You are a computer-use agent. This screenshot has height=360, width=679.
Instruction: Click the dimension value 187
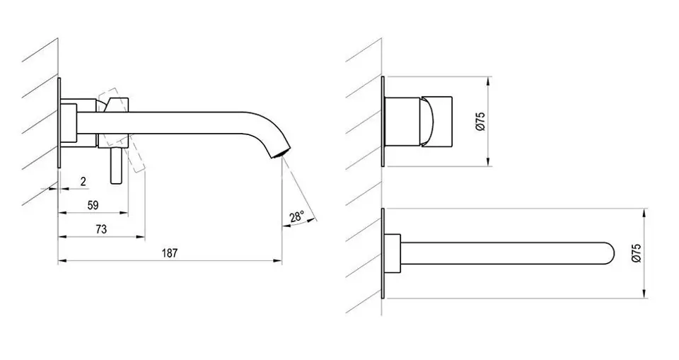170,253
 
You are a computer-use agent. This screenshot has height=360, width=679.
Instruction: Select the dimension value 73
101,229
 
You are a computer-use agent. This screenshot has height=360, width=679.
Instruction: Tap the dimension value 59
93,205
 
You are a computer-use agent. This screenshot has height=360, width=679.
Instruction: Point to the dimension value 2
83,182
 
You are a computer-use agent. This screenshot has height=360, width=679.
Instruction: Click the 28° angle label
297,216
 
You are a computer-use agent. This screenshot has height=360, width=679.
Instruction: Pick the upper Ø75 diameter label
480,122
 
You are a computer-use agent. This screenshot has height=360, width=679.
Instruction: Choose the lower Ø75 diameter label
636,253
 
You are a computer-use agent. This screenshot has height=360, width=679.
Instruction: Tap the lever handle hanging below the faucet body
116,166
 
